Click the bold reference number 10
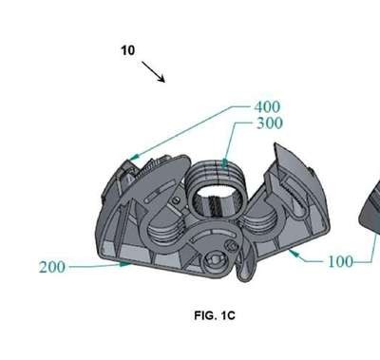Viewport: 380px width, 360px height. [128, 50]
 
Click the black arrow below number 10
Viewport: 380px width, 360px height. [153, 72]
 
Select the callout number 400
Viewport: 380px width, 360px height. [267, 107]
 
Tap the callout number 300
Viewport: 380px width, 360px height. [269, 123]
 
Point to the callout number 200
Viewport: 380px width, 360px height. [52, 267]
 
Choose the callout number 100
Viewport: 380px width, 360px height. [340, 262]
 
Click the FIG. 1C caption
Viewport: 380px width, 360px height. [215, 315]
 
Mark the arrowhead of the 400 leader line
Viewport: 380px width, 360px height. [134, 157]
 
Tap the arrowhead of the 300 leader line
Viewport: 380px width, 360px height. [224, 163]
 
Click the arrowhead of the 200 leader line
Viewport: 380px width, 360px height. [124, 263]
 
